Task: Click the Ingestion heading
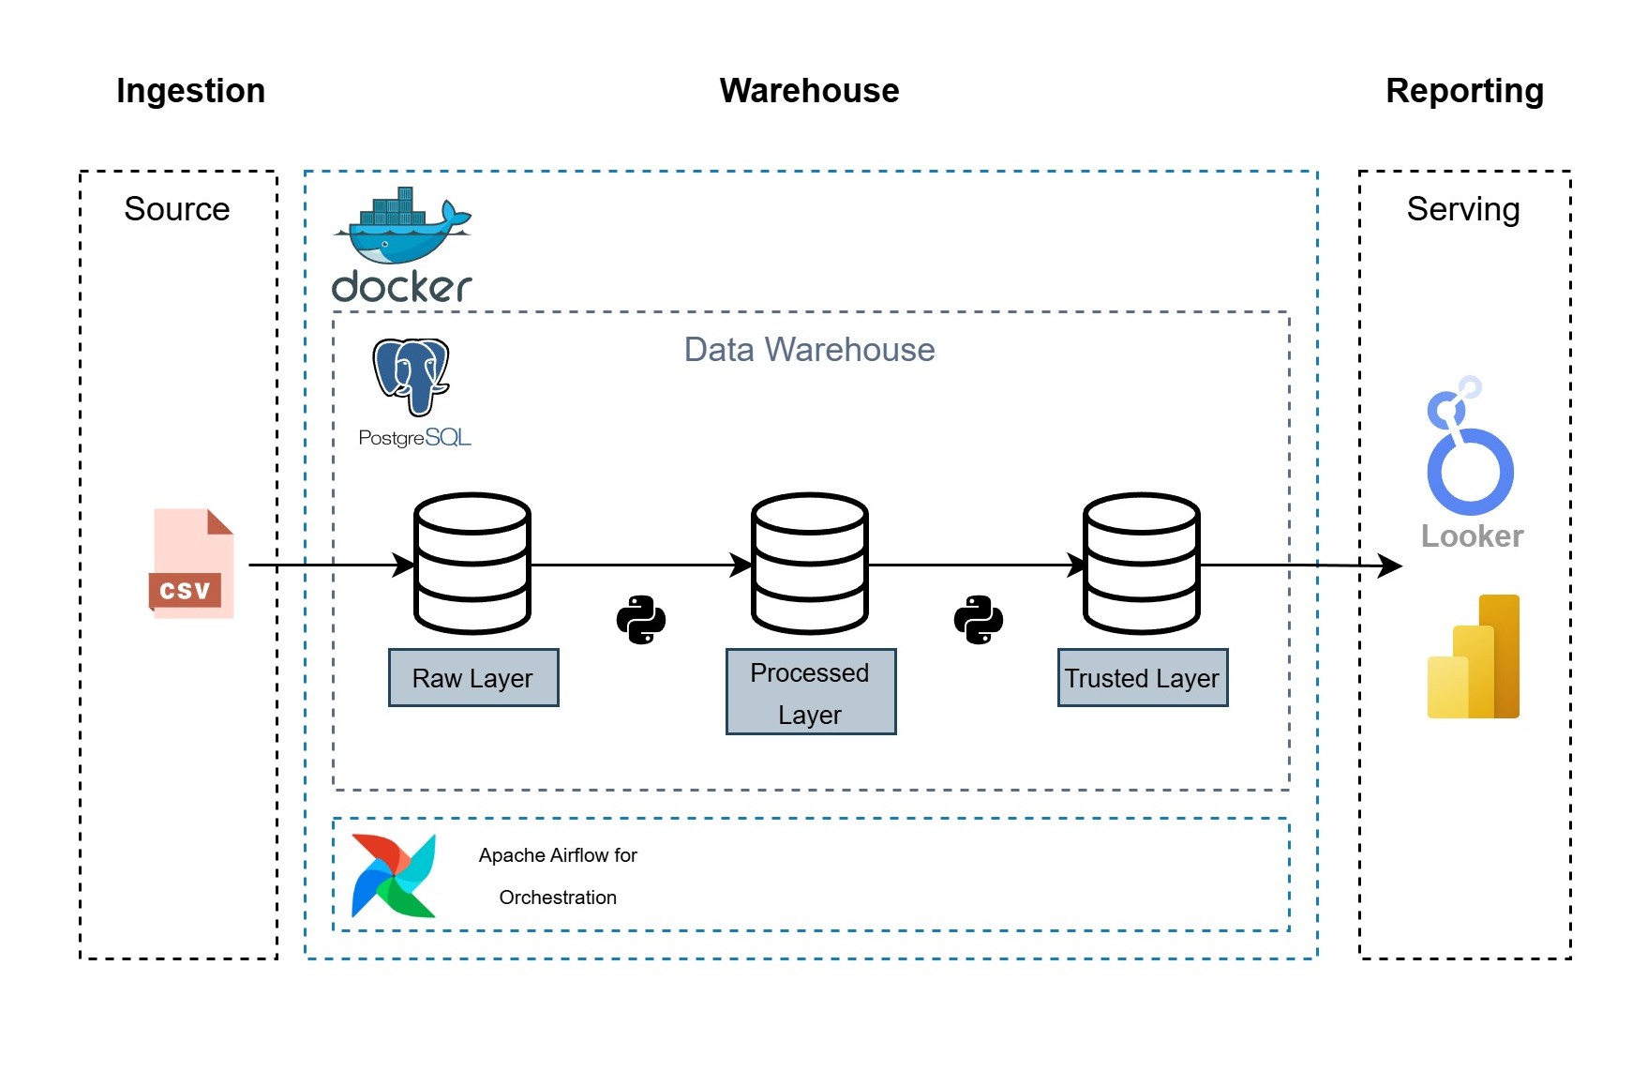click(190, 91)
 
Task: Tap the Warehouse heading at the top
click(809, 91)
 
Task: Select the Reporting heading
click(1464, 91)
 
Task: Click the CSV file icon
click(192, 564)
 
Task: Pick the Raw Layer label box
click(473, 677)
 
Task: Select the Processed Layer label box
click(811, 692)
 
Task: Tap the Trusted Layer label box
click(1142, 677)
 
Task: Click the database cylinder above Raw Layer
click(472, 564)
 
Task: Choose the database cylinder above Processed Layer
click(810, 564)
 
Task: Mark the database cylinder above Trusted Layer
click(1142, 564)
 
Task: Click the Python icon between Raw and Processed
click(641, 620)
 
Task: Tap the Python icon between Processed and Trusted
click(979, 620)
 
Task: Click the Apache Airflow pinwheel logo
click(394, 875)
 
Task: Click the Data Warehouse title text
click(809, 350)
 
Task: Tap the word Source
click(177, 209)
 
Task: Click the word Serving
click(1463, 209)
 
